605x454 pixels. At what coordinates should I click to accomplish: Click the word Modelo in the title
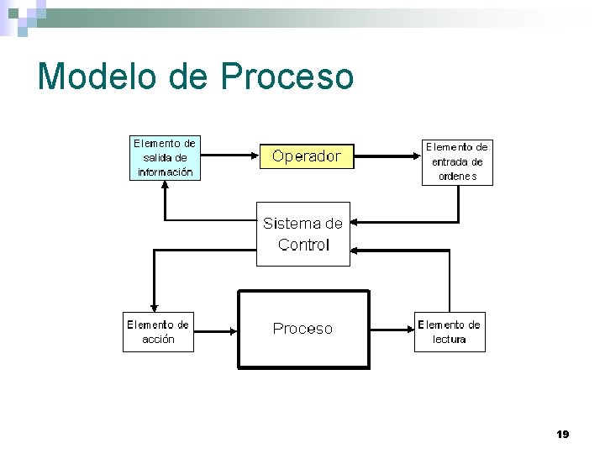97,77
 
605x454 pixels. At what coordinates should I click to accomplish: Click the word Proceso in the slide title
287,77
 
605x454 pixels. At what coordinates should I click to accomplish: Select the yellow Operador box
307,156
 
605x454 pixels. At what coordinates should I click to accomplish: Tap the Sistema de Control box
302,234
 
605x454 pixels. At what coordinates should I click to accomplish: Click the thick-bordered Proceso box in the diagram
303,329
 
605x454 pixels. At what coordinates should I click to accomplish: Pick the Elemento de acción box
158,332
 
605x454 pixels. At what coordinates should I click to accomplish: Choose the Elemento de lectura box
450,332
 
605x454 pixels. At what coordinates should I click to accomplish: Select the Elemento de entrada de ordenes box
457,161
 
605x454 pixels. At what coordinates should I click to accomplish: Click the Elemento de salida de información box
166,158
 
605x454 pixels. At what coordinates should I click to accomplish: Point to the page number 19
563,434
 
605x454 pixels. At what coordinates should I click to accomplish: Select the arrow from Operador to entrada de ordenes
387,156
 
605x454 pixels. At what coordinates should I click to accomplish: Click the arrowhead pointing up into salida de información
166,187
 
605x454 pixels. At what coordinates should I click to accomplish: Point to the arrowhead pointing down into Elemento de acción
153,306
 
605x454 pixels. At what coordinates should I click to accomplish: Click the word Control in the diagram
303,245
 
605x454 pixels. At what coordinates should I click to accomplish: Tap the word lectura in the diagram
450,340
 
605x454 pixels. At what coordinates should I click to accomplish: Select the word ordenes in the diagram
457,177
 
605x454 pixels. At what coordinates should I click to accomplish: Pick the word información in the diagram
166,172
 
